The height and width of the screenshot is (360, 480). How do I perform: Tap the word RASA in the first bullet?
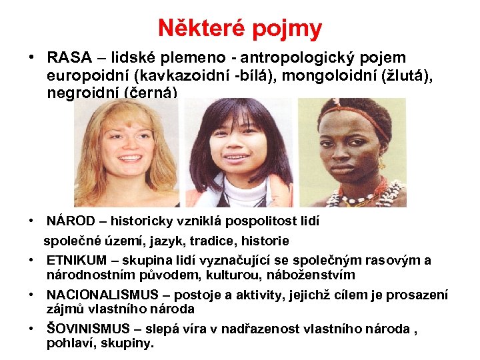pos(69,58)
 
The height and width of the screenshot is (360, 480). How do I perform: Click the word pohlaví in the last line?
pos(70,344)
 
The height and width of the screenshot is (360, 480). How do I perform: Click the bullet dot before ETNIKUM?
pos(33,260)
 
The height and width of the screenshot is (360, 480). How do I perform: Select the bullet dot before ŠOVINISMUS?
pos(33,328)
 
